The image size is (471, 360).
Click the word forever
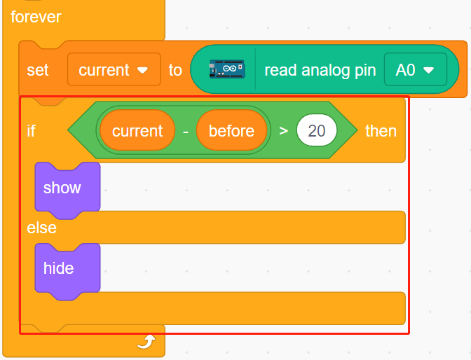click(x=36, y=17)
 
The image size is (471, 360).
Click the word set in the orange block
click(x=38, y=70)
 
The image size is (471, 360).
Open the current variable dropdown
click(x=114, y=69)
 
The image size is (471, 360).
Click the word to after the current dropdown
click(x=175, y=70)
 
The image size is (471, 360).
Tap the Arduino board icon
click(x=227, y=69)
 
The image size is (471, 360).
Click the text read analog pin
click(x=320, y=70)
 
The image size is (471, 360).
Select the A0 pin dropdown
click(x=416, y=69)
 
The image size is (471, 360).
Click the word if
click(x=32, y=131)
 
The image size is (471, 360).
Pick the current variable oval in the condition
click(x=137, y=130)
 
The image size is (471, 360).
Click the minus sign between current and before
click(x=186, y=132)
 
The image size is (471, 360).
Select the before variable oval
click(x=231, y=130)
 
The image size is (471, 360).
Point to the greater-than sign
click(x=283, y=131)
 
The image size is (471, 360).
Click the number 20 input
click(x=317, y=130)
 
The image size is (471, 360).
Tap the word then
click(x=381, y=131)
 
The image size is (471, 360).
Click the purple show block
click(x=67, y=188)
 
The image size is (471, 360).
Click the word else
click(x=42, y=228)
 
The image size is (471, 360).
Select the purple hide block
click(x=67, y=269)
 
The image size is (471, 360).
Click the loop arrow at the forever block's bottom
click(x=146, y=342)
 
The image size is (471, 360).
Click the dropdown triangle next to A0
click(x=428, y=70)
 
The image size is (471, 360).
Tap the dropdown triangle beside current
click(x=142, y=70)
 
